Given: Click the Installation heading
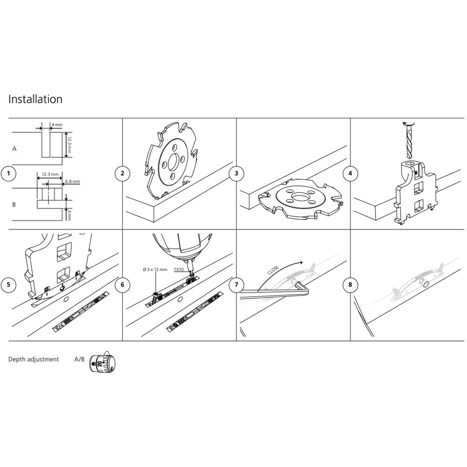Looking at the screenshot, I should (35, 99).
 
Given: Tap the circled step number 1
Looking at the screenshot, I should (8, 174).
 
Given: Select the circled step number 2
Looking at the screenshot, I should (122, 174).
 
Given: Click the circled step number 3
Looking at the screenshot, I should (236, 174).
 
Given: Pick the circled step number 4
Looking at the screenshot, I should (350, 174).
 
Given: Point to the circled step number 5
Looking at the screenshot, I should (8, 284).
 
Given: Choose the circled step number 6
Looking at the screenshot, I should (122, 284).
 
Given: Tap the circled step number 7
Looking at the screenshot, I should (236, 284).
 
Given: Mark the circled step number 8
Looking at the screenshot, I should (350, 284).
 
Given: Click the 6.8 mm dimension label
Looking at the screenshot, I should (72, 181).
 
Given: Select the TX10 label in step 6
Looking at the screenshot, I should (179, 269).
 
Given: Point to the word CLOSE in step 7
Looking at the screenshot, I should (274, 270).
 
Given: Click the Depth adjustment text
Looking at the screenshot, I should (34, 359).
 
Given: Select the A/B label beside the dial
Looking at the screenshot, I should (79, 359).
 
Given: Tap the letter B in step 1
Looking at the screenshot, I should (14, 205).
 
